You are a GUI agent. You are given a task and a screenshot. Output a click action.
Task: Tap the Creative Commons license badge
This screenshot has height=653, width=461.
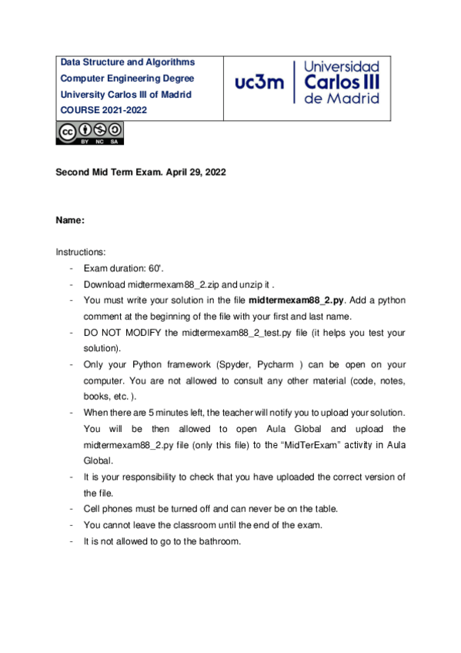(89, 132)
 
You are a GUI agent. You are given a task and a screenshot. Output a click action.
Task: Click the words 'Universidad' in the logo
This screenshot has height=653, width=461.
(342, 67)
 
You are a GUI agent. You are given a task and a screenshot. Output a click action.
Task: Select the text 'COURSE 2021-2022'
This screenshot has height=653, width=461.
(103, 110)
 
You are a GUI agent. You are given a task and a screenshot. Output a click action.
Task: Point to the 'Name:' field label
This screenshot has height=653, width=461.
(70, 221)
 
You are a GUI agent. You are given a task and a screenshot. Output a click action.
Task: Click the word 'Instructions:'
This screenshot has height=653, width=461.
(81, 252)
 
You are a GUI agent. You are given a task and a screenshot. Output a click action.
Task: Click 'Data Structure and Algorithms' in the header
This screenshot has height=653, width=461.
(128, 62)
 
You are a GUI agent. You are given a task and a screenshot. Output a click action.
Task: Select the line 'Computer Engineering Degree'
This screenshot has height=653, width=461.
(128, 79)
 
